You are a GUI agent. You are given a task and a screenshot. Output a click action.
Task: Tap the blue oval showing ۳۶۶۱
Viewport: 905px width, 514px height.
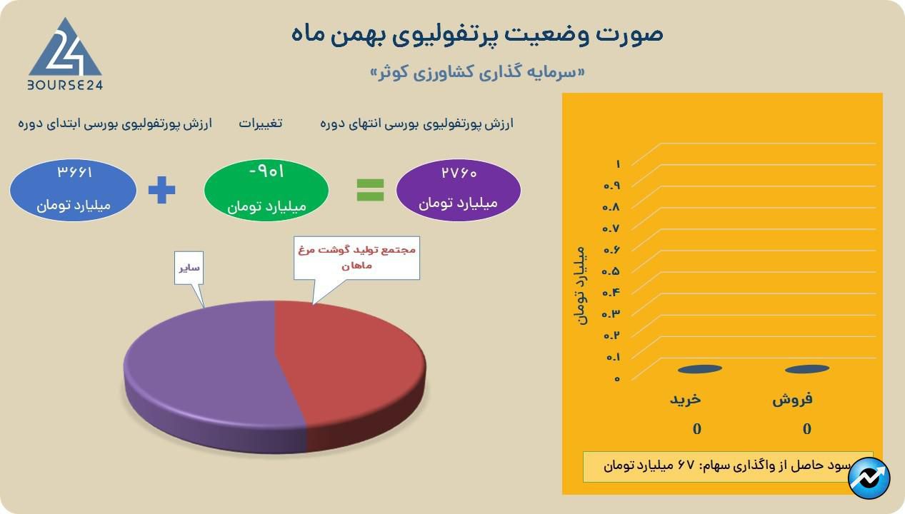click(x=73, y=190)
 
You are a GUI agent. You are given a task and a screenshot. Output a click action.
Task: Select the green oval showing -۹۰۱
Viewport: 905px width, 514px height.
click(x=266, y=190)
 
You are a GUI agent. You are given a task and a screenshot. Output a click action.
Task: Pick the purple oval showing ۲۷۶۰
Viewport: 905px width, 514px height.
click(x=458, y=190)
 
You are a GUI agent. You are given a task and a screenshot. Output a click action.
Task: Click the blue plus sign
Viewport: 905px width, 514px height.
click(x=161, y=190)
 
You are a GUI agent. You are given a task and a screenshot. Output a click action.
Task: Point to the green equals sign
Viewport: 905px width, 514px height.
click(x=370, y=190)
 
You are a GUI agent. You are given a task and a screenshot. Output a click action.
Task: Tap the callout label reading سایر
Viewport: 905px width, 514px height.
click(x=189, y=268)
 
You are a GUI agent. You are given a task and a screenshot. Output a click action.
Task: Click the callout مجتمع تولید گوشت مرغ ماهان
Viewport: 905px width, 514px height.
click(x=356, y=258)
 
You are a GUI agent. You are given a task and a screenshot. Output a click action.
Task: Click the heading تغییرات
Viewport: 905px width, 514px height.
click(x=260, y=124)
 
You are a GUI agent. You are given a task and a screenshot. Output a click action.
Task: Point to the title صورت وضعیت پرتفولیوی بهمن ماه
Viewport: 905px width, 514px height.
click(x=476, y=34)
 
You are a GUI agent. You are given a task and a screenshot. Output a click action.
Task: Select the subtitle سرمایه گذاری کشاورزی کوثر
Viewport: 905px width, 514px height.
click(x=478, y=73)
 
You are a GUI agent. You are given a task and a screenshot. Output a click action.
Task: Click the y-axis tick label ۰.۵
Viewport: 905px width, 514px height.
click(x=611, y=271)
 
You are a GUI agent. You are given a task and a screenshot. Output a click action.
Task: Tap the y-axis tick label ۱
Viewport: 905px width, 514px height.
click(x=618, y=164)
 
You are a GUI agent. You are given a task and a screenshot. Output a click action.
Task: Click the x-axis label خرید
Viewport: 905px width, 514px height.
click(x=686, y=399)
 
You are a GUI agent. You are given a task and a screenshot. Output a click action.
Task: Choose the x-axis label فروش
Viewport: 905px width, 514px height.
click(x=792, y=399)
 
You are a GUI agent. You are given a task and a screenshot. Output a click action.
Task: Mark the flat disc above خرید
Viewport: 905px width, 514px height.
click(x=700, y=369)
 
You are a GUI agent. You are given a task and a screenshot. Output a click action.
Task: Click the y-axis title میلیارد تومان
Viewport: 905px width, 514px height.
click(x=580, y=286)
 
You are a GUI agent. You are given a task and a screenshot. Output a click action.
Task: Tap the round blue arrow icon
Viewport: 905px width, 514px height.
click(x=869, y=478)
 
